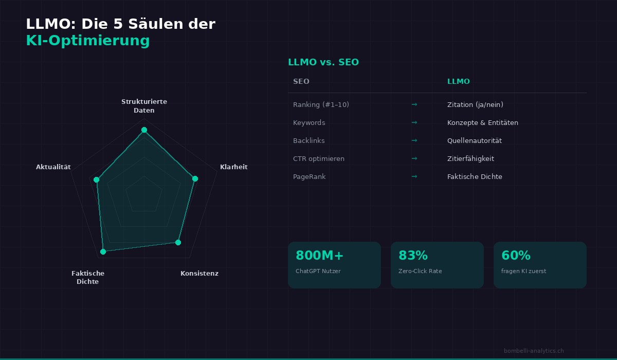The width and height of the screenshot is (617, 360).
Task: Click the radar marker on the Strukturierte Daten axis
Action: (144, 130)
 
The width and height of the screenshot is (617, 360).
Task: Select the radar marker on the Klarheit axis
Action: (195, 178)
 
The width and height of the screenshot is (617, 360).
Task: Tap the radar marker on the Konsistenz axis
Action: (178, 242)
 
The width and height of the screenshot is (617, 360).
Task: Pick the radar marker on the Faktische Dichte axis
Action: (103, 251)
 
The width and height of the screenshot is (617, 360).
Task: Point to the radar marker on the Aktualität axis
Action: (96, 179)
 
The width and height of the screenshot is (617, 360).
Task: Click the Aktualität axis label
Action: (53, 167)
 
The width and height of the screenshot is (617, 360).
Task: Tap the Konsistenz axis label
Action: (199, 274)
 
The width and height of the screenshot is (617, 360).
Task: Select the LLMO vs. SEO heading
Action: (323, 62)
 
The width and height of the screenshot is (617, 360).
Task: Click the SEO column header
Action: (301, 82)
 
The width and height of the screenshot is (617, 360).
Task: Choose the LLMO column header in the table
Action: (458, 82)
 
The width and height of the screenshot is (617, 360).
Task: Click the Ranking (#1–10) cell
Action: (321, 105)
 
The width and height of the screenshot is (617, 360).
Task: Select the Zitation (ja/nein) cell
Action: (475, 105)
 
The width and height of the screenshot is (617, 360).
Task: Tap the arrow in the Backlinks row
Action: (414, 140)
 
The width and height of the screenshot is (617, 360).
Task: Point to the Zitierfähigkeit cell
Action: (470, 159)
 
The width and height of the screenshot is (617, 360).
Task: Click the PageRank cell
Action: (309, 177)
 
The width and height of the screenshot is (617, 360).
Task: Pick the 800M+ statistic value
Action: (320, 256)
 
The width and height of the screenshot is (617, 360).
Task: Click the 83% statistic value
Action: (413, 256)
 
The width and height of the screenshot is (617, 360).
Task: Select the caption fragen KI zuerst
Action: (523, 271)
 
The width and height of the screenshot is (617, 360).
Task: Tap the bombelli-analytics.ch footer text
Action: (534, 351)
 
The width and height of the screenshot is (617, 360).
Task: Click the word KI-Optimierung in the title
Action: (88, 41)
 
